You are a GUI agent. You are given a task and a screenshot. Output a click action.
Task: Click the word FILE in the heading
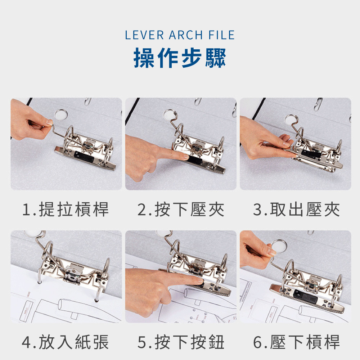[x=221, y=35]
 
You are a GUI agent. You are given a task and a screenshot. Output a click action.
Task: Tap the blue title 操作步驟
[x=180, y=58]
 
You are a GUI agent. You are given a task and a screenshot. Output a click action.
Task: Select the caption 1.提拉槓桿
[x=66, y=210]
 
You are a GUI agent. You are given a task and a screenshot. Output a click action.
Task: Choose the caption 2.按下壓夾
[x=181, y=210]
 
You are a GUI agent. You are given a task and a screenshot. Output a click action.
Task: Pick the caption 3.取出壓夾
[x=296, y=210]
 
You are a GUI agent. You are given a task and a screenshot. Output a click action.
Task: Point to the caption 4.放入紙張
[x=65, y=342]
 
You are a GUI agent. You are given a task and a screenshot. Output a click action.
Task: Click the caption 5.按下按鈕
[x=181, y=342]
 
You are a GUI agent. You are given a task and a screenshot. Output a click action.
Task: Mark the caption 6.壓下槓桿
[x=296, y=342]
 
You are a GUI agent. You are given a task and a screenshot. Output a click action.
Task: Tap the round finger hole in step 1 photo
[x=61, y=114]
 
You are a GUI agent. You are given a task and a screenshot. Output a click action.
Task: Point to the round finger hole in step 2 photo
[x=170, y=114]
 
